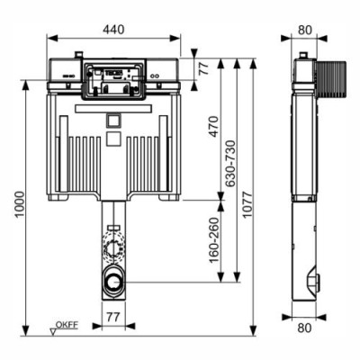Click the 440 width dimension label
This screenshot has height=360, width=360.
pyautogui.click(x=113, y=30)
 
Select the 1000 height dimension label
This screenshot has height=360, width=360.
pyautogui.click(x=20, y=204)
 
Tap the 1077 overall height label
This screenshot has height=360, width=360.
pyautogui.click(x=247, y=204)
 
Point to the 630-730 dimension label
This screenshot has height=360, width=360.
pyautogui.click(x=231, y=164)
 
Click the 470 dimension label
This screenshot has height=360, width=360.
pyautogui.click(x=214, y=126)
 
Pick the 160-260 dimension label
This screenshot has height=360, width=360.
pyautogui.click(x=214, y=240)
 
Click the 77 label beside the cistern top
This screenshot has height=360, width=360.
pyautogui.click(x=204, y=68)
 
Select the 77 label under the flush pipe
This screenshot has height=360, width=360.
pyautogui.click(x=113, y=317)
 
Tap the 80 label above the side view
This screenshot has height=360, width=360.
pyautogui.click(x=305, y=30)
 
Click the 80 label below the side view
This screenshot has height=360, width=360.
pyautogui.click(x=304, y=328)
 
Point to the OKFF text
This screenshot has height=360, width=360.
pyautogui.click(x=67, y=324)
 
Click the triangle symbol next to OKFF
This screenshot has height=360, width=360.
pyautogui.click(x=53, y=331)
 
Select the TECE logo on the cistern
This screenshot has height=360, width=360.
pyautogui.click(x=113, y=73)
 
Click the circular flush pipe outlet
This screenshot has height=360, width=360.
pyautogui.click(x=113, y=282)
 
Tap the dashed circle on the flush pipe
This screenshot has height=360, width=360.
pyautogui.click(x=113, y=245)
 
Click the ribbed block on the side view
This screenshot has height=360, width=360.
pyautogui.click(x=331, y=80)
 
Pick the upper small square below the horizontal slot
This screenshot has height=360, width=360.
pyautogui.click(x=113, y=121)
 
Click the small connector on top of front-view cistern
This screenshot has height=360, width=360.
pyautogui.click(x=78, y=55)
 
